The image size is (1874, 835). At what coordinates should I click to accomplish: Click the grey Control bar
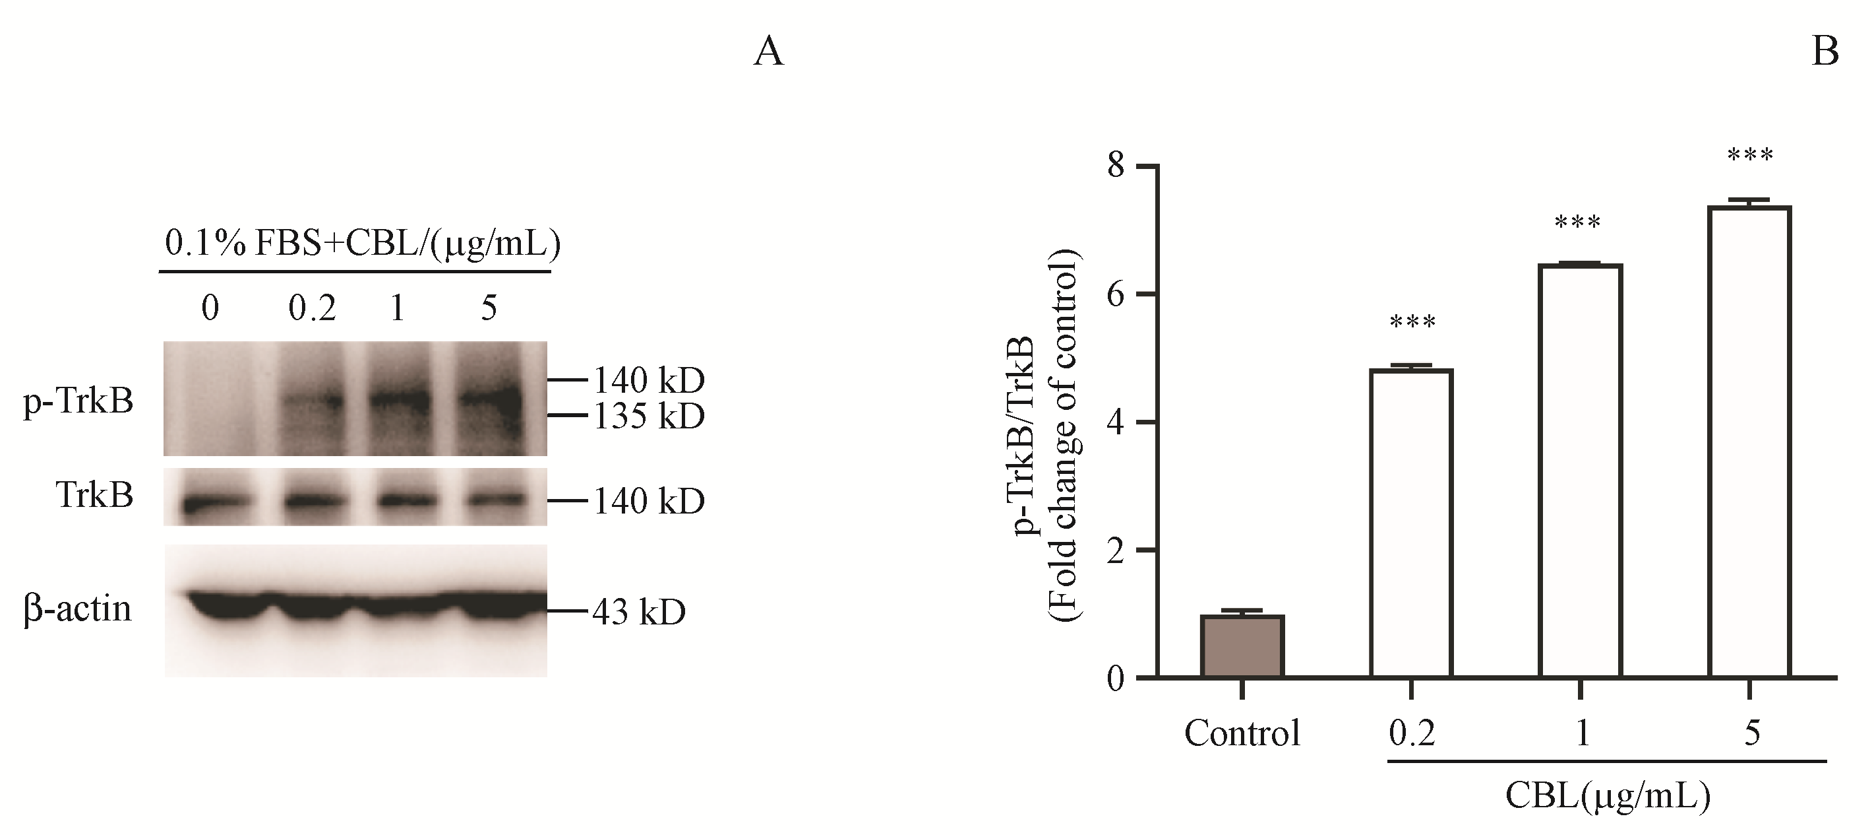coord(1242,646)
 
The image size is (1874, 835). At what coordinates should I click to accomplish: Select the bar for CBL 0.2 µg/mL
coord(1410,524)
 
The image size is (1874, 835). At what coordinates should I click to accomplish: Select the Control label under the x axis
coord(1242,733)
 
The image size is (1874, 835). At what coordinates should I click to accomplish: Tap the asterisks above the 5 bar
coord(1750,155)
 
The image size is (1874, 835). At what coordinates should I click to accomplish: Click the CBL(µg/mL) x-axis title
coord(1606,797)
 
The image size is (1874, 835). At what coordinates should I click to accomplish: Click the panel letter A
coord(768,52)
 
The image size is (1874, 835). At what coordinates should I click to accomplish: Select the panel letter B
coord(1825,52)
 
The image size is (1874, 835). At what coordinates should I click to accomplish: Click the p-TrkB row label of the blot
coord(78,401)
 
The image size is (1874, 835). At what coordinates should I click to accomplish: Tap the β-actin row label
coord(77,609)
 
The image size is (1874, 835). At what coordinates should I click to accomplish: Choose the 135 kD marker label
coord(649,417)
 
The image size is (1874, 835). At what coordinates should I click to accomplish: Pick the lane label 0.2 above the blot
coord(312,309)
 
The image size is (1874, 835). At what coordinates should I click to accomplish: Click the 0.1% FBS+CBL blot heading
coord(362,244)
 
